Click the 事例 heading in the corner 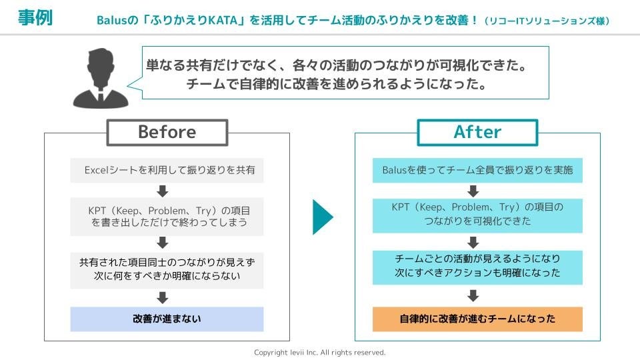point(35,18)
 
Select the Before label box point(167,132)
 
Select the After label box point(477,132)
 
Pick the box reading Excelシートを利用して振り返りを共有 point(167,170)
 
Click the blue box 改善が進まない point(167,319)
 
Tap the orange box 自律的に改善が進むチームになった point(477,319)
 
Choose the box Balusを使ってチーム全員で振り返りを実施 point(477,170)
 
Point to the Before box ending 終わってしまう point(167,216)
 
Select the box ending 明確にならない point(167,268)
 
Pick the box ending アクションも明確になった point(477,267)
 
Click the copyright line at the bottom point(320,352)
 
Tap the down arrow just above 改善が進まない point(163,297)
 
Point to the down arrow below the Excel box point(163,191)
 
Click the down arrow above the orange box point(473,295)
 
